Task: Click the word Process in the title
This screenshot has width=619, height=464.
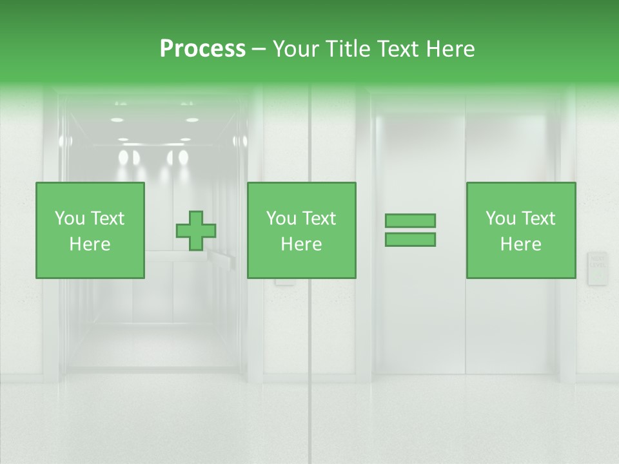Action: click(x=202, y=49)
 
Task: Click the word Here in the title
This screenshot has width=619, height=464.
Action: click(x=451, y=49)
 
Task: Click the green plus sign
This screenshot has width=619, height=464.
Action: click(x=196, y=231)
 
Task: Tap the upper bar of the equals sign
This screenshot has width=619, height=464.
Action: click(x=410, y=220)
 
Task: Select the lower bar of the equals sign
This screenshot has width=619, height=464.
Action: click(x=410, y=240)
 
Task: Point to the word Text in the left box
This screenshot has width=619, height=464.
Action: click(x=107, y=218)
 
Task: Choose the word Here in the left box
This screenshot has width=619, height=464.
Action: click(x=90, y=244)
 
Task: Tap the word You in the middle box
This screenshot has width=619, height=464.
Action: click(x=281, y=218)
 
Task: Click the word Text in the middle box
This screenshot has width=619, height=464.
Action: click(x=319, y=218)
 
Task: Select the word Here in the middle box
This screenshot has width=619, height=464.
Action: click(x=301, y=244)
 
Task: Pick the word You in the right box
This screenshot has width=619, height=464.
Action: click(x=500, y=218)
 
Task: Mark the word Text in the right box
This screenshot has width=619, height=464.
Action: click(x=538, y=218)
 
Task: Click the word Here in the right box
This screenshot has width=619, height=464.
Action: click(x=520, y=244)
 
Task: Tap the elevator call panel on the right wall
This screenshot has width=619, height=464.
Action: click(x=597, y=268)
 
